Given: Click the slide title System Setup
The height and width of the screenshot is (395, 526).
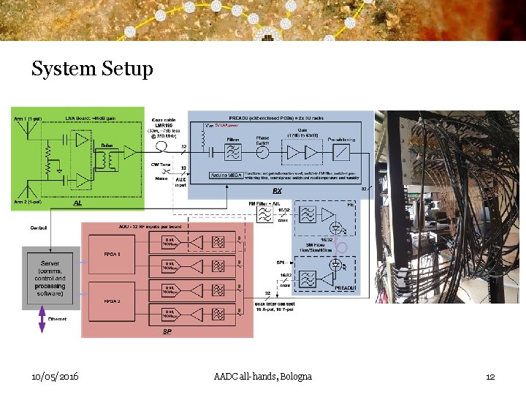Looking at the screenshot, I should coord(92,69).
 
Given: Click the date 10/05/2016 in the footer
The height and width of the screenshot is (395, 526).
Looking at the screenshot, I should coord(56,376).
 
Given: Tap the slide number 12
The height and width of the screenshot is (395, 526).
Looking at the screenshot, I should coord(490,376).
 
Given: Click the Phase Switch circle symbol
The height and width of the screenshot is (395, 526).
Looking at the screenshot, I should coord(262,152).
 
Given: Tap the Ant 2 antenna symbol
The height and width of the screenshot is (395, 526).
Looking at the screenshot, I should coord(29,187).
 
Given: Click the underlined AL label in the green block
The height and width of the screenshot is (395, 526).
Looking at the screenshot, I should coord(77,206).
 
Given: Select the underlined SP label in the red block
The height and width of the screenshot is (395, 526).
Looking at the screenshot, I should coord(167,331).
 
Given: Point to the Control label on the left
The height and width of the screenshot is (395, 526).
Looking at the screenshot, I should coord(39,228).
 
